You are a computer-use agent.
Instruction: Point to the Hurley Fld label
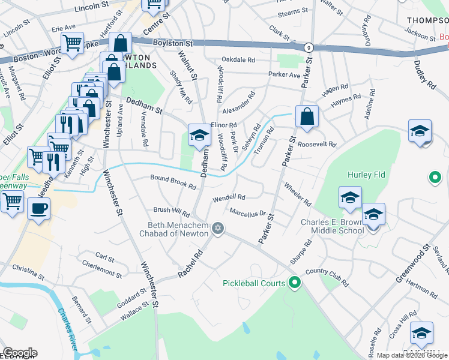[x=366, y=175]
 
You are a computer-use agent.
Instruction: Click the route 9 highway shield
[x=307, y=47]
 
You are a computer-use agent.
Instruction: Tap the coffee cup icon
[x=39, y=209]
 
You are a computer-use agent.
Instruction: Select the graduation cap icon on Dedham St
[x=199, y=134]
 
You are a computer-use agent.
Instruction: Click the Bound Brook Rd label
[x=173, y=182]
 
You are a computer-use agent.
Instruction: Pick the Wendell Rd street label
[x=229, y=197]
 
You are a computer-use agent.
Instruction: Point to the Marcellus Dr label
[x=248, y=212]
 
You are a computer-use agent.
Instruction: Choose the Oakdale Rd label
[x=238, y=60]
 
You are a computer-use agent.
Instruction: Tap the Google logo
[x=19, y=352]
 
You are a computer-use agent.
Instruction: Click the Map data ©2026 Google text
[x=411, y=355]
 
